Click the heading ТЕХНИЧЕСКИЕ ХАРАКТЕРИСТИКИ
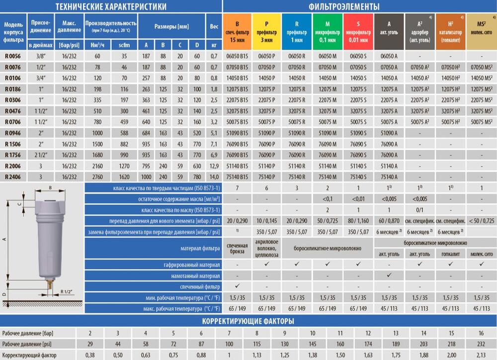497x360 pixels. [x=110, y=6]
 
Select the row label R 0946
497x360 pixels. [x=13, y=134]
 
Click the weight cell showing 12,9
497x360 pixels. [x=214, y=166]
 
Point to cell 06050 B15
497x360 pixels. [x=237, y=57]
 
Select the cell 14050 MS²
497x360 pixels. [x=481, y=78]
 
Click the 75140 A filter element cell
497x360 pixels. [x=389, y=177]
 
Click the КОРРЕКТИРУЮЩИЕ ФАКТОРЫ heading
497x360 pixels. [x=248, y=321]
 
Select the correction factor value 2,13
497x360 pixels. [x=481, y=355]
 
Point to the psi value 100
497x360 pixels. [x=229, y=344]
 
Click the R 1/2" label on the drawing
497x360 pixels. [x=67, y=292]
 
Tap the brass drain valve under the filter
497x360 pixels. [x=50, y=287]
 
